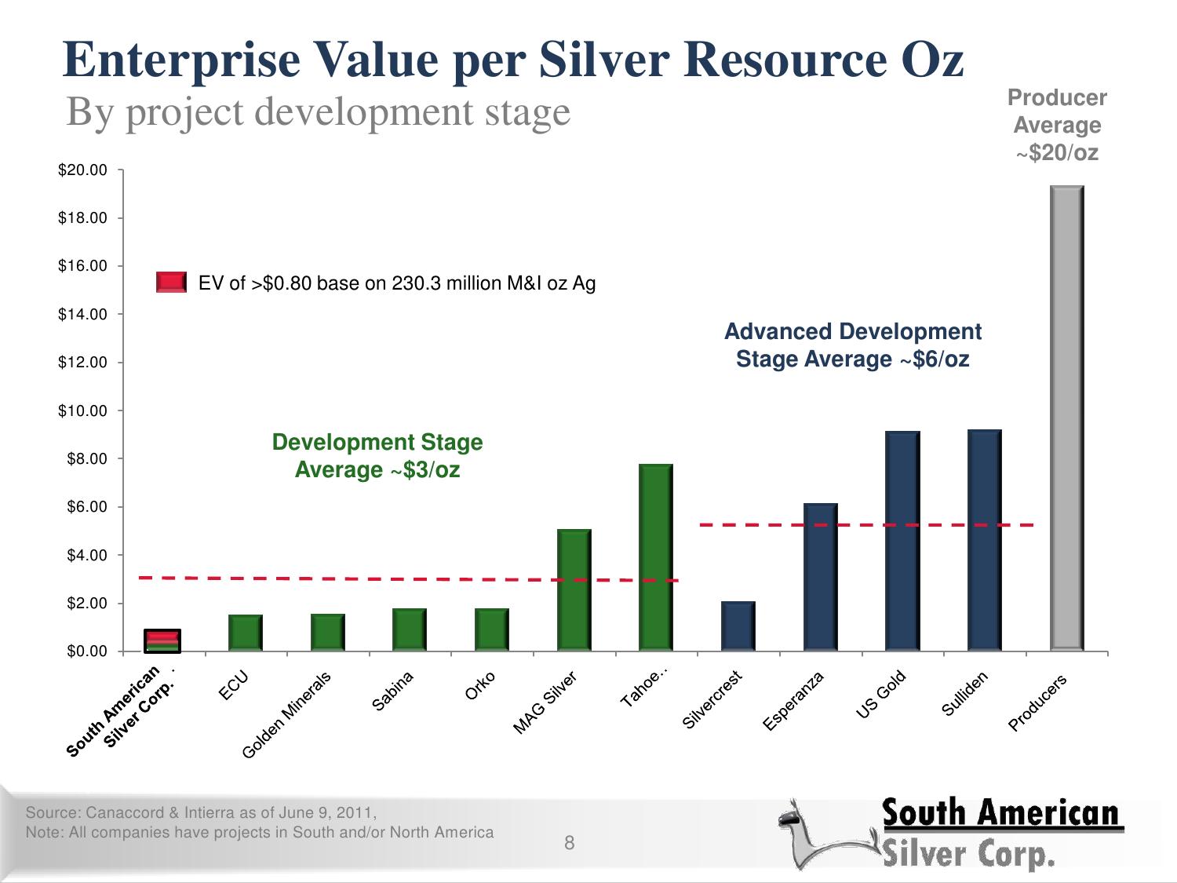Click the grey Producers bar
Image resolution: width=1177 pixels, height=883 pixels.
pos(1066,418)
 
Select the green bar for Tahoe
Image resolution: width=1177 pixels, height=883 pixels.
pos(656,557)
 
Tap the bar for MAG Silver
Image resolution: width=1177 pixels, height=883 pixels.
pos(574,590)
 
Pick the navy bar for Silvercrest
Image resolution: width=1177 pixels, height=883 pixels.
pos(738,626)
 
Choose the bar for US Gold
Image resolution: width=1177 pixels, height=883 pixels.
pos(902,541)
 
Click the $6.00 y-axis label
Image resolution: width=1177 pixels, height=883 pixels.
pos(82,507)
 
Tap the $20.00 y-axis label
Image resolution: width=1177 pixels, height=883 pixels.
pos(82,170)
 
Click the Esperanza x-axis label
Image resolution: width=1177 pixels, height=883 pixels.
pos(793,702)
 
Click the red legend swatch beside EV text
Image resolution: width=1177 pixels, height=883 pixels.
pos(172,283)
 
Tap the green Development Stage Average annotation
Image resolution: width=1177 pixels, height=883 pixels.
pos(377,456)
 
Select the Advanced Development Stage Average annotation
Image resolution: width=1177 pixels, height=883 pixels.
pos(853,345)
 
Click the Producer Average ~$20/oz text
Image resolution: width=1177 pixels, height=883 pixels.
pos(1057,125)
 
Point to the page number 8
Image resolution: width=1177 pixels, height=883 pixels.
pos(570,844)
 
